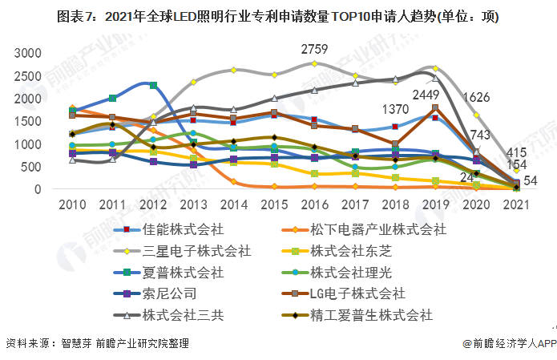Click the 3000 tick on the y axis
pos(27,54)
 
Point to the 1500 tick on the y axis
pos(27,122)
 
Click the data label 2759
pos(314,49)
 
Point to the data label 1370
pos(396,109)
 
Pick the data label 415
pos(516,152)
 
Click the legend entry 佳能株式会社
pos(183,229)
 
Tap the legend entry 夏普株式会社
pos(183,272)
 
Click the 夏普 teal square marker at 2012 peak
pos(153,85)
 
